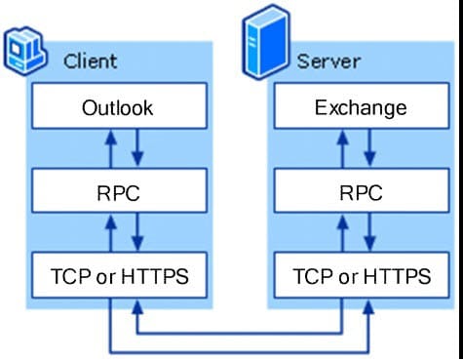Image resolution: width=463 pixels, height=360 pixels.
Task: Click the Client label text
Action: (x=90, y=60)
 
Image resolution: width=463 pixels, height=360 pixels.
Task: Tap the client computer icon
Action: (x=26, y=51)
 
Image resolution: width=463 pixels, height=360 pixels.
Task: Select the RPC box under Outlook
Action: (x=117, y=192)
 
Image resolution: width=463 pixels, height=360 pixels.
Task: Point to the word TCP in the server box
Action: (x=311, y=278)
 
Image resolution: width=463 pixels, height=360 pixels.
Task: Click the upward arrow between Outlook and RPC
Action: (x=110, y=149)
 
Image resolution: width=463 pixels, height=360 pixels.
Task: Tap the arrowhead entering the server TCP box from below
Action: (x=367, y=308)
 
